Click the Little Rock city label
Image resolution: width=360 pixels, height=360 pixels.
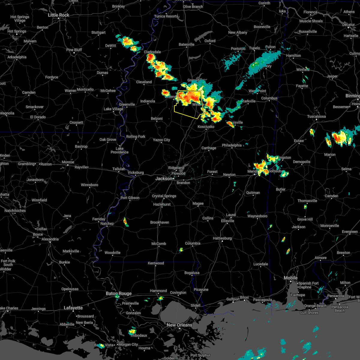click(x=58, y=15)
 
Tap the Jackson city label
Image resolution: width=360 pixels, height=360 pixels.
click(x=164, y=178)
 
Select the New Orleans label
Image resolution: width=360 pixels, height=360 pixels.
click(x=179, y=325)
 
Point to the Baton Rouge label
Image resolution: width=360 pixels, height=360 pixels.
click(x=118, y=293)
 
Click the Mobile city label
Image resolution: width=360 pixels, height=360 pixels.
click(x=291, y=278)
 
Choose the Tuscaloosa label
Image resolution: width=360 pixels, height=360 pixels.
click(x=316, y=116)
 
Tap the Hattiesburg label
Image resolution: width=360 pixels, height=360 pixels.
click(x=222, y=238)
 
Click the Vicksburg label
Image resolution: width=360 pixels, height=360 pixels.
click(x=136, y=172)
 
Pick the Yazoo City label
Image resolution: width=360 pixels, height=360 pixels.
click(x=161, y=140)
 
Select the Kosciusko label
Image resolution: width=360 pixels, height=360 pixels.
click(x=206, y=127)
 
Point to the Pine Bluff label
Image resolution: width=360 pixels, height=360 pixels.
click(x=74, y=50)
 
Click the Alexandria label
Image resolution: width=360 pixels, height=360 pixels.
click(x=50, y=239)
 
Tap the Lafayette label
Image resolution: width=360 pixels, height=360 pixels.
click(x=73, y=308)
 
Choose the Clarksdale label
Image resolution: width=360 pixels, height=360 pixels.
click(x=152, y=52)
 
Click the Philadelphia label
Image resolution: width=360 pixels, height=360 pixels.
click(x=232, y=145)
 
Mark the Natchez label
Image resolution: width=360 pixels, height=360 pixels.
click(x=107, y=223)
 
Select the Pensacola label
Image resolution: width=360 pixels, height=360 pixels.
click(x=335, y=296)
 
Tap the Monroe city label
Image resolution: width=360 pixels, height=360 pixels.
click(x=68, y=162)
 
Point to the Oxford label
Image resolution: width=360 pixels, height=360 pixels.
click(x=210, y=41)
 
